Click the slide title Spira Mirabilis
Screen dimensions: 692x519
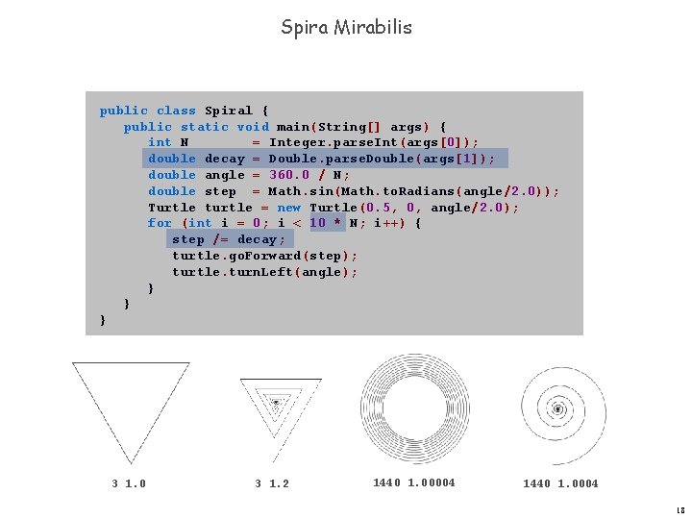pos(346,27)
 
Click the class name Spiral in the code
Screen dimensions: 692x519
pos(229,111)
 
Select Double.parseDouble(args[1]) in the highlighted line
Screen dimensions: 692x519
pos(382,159)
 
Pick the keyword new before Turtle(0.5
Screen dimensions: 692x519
pos(288,208)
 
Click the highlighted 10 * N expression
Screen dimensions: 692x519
pos(334,223)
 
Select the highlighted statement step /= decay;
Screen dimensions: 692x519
pos(228,239)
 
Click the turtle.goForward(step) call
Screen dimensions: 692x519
pos(264,256)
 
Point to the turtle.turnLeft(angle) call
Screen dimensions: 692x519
pos(264,272)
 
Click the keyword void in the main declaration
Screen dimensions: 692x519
pos(252,126)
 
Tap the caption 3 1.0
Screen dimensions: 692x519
pos(130,483)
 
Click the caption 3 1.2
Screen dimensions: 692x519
pos(272,483)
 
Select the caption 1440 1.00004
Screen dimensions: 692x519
pos(413,482)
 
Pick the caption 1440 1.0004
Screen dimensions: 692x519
pos(560,483)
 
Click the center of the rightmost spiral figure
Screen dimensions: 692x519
pos(557,410)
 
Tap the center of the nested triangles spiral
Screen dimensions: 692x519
pos(276,402)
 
